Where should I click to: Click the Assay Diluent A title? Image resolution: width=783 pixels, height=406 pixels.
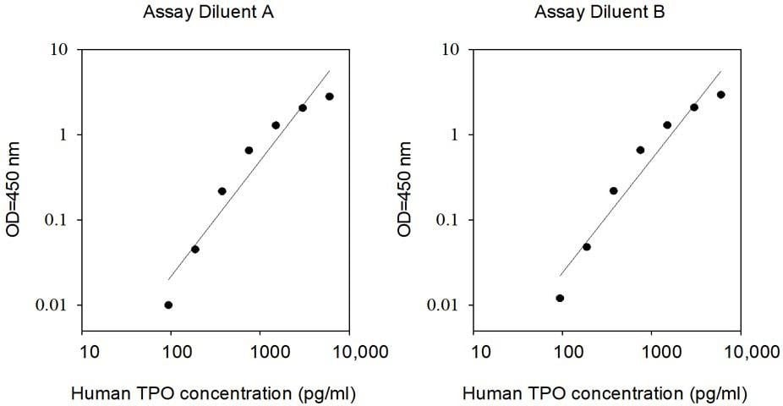click(208, 12)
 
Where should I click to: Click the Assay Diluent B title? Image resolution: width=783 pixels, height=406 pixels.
click(600, 12)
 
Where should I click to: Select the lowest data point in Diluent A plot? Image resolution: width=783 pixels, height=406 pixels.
click(168, 305)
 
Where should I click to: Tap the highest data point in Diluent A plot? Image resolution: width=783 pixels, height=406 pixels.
click(329, 96)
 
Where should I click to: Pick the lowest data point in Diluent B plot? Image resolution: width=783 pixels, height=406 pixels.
click(560, 298)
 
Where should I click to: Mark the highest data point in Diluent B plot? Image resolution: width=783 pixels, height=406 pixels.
click(720, 95)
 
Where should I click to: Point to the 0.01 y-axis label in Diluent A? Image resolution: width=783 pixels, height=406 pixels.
click(51, 305)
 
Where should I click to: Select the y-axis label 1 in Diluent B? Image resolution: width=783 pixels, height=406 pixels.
click(454, 134)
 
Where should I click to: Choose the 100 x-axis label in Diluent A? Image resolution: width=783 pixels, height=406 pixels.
click(178, 352)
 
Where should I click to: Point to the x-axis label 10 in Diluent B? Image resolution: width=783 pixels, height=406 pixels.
click(480, 352)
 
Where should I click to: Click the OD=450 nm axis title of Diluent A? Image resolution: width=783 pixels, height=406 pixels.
click(13, 189)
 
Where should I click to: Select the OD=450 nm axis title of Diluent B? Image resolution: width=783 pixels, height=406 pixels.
click(404, 189)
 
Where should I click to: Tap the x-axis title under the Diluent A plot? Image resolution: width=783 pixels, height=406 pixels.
click(214, 394)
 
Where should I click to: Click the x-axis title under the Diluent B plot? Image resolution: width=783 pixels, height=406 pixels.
click(605, 394)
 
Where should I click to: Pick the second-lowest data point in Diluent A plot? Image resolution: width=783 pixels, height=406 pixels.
click(195, 250)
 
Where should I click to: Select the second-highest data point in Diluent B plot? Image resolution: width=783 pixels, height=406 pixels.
click(693, 107)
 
